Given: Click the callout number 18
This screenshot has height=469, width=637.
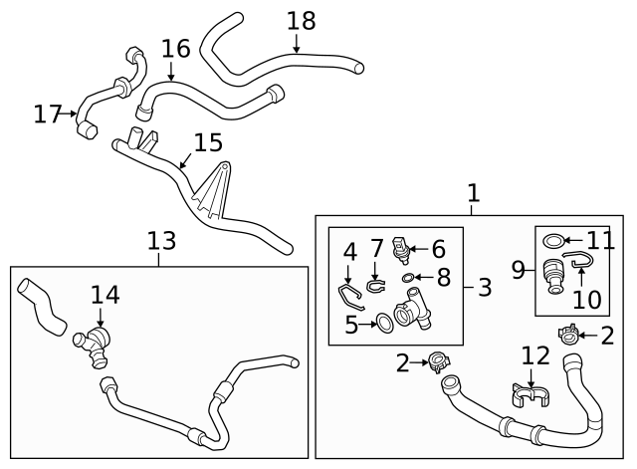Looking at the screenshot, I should pos(301,20).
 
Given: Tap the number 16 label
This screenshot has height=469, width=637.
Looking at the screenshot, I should pos(175,48).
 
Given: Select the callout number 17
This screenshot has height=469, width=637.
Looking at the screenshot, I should pos(47,115).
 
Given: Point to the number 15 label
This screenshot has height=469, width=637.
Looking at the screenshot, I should pos(207,143).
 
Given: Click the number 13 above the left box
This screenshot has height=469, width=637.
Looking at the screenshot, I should pos(161,240).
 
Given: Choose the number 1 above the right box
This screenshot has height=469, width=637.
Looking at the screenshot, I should pos(474,192).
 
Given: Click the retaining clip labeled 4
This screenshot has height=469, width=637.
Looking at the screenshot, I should pos(346,295).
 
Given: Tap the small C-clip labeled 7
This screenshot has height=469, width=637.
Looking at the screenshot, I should pos(374,287).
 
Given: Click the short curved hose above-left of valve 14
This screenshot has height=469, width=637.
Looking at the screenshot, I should pos(43,307).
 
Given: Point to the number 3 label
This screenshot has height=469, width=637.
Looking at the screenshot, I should pos(484,289).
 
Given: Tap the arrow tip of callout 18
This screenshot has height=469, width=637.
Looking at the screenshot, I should pos(297,53).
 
